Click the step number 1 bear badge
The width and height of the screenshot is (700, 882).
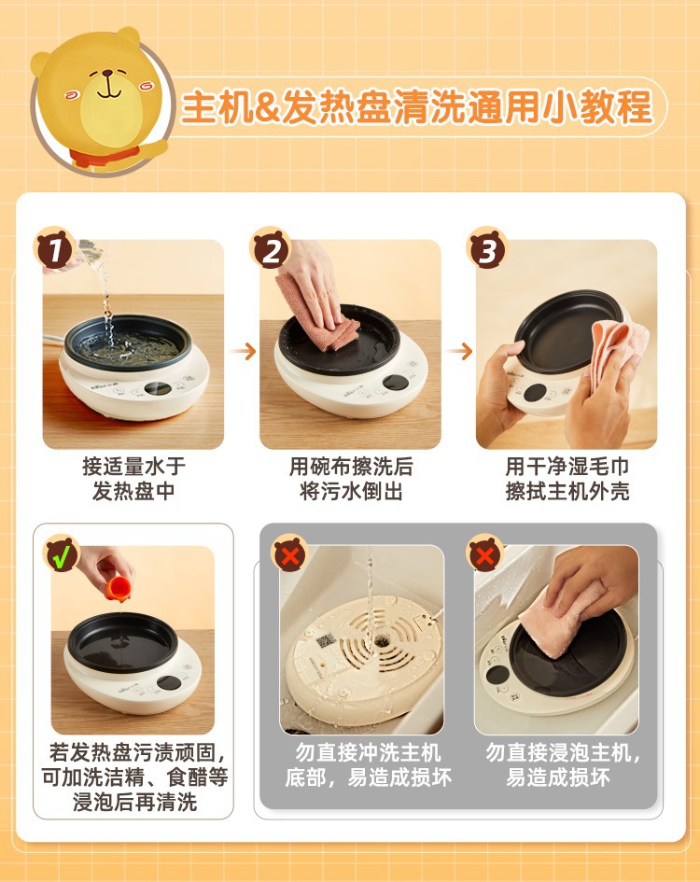click(x=55, y=248)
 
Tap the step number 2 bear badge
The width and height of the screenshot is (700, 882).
click(x=272, y=248)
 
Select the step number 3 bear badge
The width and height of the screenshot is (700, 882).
click(x=487, y=248)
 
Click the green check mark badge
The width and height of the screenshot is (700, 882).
click(x=62, y=555)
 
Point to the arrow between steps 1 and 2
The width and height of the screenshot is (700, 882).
click(x=244, y=352)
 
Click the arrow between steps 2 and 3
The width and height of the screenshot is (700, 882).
click(x=460, y=352)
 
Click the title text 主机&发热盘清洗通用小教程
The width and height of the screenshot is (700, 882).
click(x=417, y=107)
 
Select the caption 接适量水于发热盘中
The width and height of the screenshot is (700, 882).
click(x=133, y=479)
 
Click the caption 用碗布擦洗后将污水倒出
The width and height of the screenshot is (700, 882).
click(x=351, y=479)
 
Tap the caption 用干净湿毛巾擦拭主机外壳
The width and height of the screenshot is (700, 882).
click(x=567, y=479)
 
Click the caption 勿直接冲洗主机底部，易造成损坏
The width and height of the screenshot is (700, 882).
click(x=368, y=765)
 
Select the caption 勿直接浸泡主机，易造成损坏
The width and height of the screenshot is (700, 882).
click(x=563, y=765)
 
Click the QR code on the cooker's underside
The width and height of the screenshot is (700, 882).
click(x=325, y=640)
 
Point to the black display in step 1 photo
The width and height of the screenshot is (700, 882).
click(x=158, y=388)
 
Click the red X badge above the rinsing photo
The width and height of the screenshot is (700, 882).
click(x=290, y=555)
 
